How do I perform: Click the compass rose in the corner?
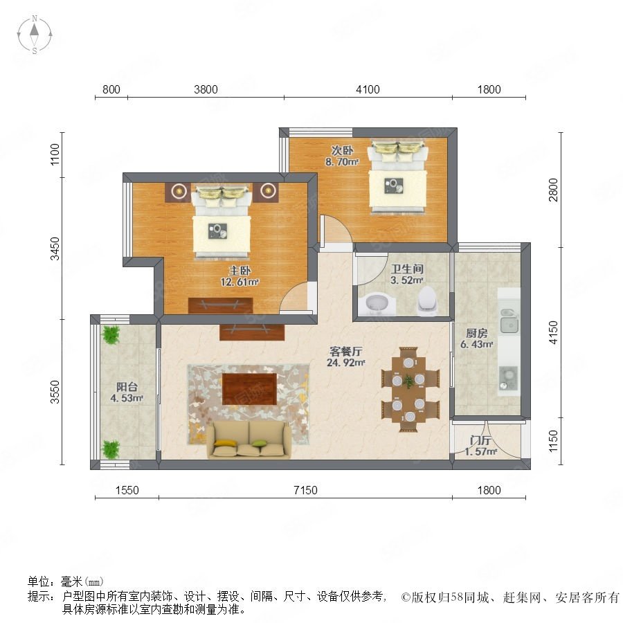[35, 35]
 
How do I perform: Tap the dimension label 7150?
[305, 490]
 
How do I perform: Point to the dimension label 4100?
[368, 89]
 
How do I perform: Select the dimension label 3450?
[55, 249]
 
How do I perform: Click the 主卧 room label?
[240, 271]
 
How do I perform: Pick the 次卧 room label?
[342, 150]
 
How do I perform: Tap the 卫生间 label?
[407, 269]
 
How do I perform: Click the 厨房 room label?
[476, 333]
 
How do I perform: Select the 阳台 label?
[127, 386]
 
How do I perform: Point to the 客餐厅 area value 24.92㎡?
[345, 362]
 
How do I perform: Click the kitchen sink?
[509, 321]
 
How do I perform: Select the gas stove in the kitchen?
[508, 378]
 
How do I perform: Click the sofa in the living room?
[249, 440]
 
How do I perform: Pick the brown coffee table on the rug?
[249, 389]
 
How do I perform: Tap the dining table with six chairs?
[410, 389]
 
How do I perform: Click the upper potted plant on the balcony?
[111, 334]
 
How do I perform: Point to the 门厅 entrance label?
[480, 440]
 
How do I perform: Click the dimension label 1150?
[552, 441]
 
